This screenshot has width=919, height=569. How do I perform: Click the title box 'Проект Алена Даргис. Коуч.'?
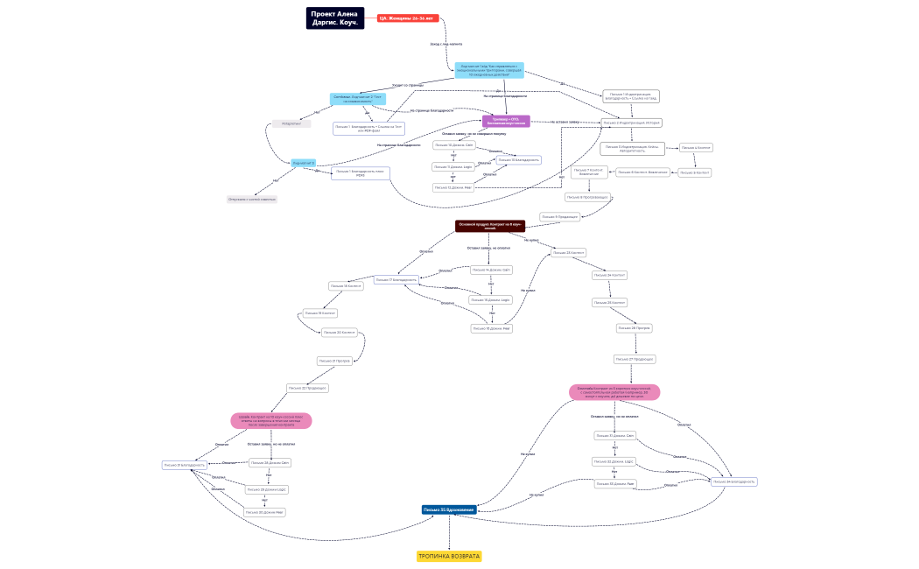click(334, 18)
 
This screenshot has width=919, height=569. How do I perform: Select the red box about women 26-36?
click(407, 18)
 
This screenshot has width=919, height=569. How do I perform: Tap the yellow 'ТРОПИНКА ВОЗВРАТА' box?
click(449, 556)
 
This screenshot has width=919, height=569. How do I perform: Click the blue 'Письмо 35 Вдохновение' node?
click(449, 509)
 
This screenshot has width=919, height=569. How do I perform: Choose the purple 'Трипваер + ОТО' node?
click(506, 121)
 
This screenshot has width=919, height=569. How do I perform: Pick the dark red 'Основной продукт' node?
click(489, 226)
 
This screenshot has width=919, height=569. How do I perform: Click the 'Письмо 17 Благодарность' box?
click(396, 280)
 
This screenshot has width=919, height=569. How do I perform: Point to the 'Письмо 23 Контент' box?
click(568, 253)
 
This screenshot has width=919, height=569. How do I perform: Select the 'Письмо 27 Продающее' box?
click(635, 359)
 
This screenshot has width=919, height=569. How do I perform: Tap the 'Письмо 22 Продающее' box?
click(308, 388)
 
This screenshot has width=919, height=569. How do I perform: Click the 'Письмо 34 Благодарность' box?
click(733, 481)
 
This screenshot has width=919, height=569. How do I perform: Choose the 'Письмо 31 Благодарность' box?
click(185, 465)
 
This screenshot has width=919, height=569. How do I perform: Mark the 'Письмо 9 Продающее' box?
click(559, 216)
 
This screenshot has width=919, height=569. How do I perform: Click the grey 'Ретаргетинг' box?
click(291, 124)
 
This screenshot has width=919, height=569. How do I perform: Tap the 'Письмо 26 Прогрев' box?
click(634, 328)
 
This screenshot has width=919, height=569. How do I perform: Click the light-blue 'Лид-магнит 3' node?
click(304, 163)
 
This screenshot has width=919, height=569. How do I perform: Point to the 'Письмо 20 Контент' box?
click(340, 333)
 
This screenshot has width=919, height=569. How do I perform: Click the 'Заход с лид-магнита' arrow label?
click(446, 44)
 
